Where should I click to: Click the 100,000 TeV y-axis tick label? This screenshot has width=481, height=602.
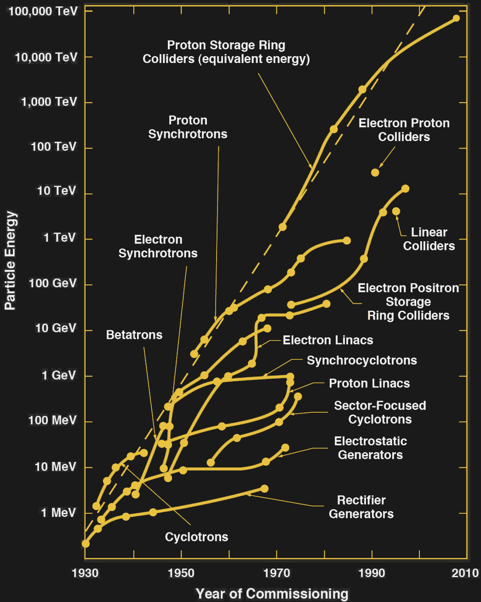(43, 11)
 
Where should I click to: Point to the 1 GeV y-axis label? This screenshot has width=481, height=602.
(58, 375)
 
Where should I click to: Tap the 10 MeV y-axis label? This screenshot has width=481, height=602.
(55, 467)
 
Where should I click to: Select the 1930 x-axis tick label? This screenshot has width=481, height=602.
(85, 573)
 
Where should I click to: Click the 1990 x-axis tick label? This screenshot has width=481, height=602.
(372, 573)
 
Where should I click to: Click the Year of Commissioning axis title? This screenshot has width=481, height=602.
(272, 594)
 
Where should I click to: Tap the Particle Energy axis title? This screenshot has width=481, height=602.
(10, 261)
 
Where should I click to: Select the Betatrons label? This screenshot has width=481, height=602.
(134, 335)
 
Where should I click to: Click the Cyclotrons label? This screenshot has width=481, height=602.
(196, 537)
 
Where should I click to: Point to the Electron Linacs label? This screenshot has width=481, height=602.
(328, 341)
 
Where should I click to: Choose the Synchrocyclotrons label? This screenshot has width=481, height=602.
(362, 361)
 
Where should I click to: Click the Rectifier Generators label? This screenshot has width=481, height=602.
(361, 507)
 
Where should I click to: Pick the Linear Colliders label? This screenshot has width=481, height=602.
(429, 239)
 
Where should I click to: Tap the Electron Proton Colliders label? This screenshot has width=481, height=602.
(404, 130)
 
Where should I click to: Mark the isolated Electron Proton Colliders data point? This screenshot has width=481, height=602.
(375, 173)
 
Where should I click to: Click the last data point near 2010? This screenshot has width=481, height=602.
(456, 18)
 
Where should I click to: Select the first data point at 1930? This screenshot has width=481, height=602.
(86, 544)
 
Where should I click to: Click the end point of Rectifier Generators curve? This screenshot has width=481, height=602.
(264, 488)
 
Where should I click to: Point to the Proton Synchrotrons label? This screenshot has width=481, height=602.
(188, 127)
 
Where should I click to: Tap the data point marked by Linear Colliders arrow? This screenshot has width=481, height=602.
(396, 211)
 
